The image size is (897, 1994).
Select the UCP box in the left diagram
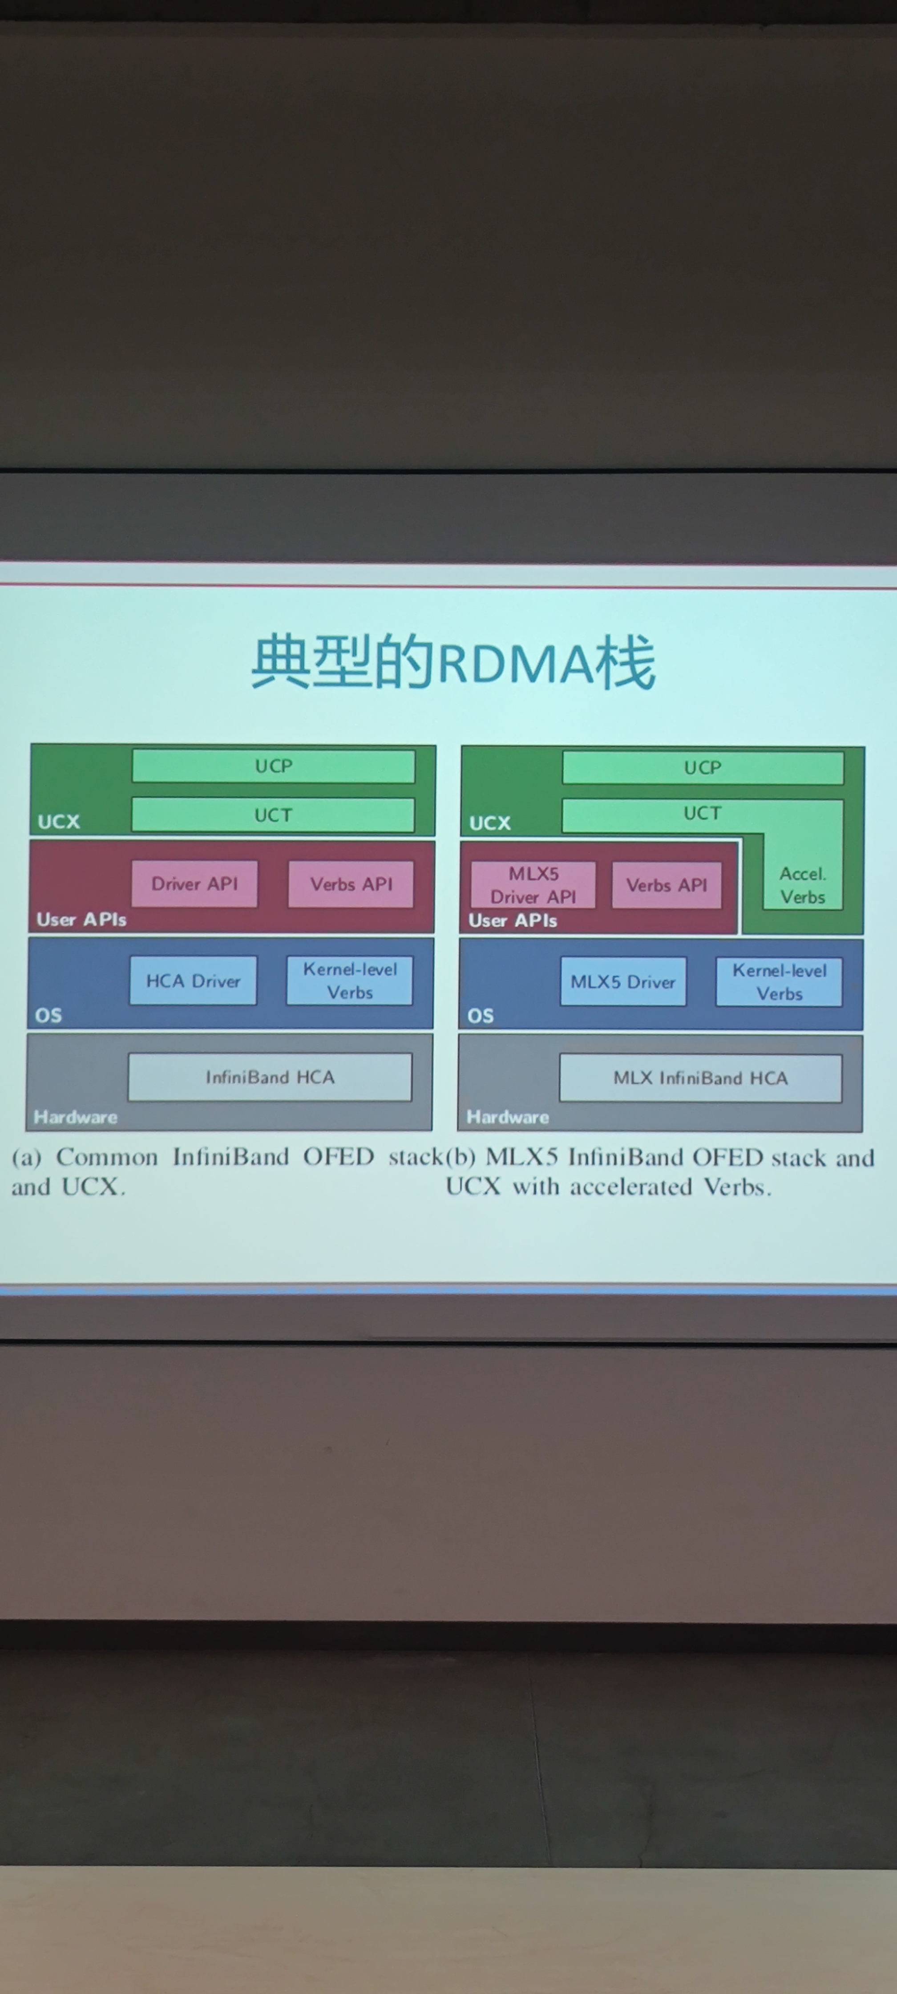click(273, 766)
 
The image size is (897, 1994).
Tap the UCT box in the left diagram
click(273, 815)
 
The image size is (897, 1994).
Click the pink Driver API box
click(194, 883)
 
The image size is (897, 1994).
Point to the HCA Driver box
click(194, 981)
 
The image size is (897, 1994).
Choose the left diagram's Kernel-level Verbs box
click(350, 981)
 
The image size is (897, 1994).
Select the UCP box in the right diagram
click(703, 767)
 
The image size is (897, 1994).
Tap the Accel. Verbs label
click(803, 885)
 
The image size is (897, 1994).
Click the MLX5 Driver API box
click(533, 885)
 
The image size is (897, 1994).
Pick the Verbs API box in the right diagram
click(667, 885)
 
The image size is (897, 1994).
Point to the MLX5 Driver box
click(623, 981)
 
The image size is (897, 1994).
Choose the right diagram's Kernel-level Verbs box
click(780, 981)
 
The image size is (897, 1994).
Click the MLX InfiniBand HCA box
click(700, 1078)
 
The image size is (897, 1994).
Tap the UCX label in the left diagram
click(59, 821)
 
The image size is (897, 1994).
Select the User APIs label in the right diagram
click(513, 920)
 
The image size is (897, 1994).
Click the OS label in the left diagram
click(48, 1015)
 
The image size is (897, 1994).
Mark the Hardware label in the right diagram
click(508, 1117)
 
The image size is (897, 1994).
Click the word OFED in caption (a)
click(338, 1156)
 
